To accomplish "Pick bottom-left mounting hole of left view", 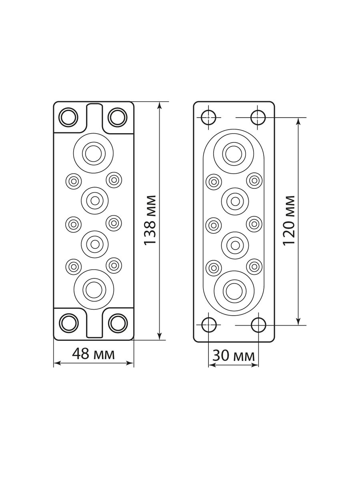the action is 69,323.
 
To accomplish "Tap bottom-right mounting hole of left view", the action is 118,323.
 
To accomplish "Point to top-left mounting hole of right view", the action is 208,118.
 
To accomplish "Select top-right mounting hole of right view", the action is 258,118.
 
